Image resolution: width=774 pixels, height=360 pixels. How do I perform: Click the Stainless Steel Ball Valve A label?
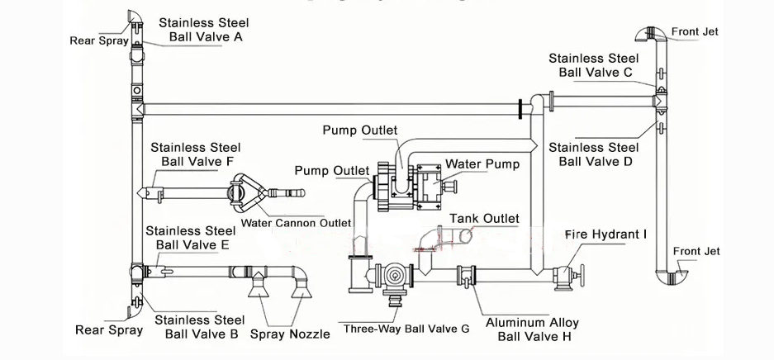(x=203, y=30)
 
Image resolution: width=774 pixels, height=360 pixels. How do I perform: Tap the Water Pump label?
(x=482, y=163)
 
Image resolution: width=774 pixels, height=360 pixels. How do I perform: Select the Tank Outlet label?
(x=484, y=218)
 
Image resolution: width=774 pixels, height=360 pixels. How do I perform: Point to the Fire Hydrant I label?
(x=605, y=234)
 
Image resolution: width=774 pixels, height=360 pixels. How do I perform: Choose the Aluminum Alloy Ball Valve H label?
(x=532, y=329)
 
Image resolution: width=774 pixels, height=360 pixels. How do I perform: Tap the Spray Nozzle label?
(x=290, y=334)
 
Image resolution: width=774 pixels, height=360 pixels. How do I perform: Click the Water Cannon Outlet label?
(x=296, y=223)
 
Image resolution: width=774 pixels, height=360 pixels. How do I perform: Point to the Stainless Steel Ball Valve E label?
(x=191, y=237)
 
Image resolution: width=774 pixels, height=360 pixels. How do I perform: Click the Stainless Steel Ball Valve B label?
(x=201, y=326)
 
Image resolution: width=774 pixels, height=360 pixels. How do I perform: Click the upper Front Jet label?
(x=695, y=31)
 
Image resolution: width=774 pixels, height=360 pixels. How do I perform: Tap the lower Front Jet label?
(x=696, y=251)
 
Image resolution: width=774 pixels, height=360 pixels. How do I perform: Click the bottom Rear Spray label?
(x=108, y=329)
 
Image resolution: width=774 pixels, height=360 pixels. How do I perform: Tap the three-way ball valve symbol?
(x=395, y=277)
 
